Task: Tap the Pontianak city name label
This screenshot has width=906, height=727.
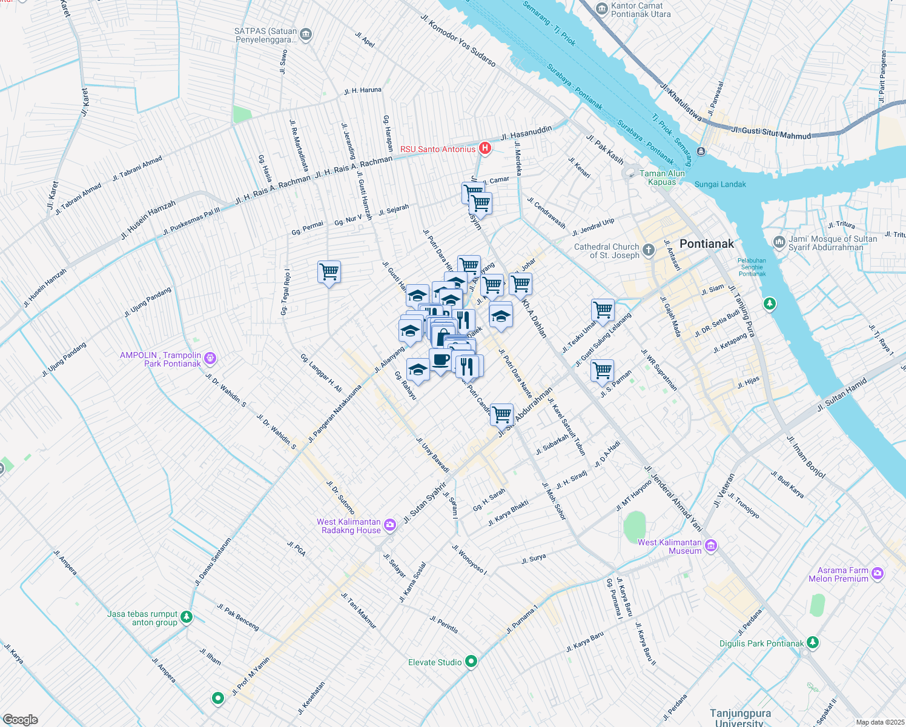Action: pos(706,244)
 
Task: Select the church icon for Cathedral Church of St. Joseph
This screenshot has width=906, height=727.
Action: pos(649,250)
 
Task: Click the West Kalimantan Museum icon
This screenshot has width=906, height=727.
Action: pos(711,546)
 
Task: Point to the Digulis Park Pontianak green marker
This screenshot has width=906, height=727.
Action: pos(813,643)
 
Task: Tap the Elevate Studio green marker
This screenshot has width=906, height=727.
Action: pos(471,662)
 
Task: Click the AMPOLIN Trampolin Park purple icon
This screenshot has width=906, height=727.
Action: pos(210,359)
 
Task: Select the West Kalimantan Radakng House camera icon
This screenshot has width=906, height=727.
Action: pos(391,525)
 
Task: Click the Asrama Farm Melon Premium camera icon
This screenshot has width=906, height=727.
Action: pos(878,573)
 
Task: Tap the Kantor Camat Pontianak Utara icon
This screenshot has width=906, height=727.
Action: pos(601,8)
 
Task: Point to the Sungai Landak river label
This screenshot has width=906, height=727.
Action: pos(720,184)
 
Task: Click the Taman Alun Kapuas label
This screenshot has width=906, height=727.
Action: pos(662,178)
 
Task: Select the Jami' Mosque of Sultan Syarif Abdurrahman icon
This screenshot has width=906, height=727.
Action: pos(779,242)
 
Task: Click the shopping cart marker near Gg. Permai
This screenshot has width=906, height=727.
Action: pos(329,272)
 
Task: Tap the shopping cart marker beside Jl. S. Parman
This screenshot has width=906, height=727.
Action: pos(602,370)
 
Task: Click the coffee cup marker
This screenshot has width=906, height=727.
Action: pos(440,360)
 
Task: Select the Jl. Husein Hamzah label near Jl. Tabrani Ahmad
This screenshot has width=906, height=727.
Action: pos(148,219)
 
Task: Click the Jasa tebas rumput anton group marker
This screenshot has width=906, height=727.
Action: pos(187,617)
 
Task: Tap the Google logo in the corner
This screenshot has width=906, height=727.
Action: pos(21,719)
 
